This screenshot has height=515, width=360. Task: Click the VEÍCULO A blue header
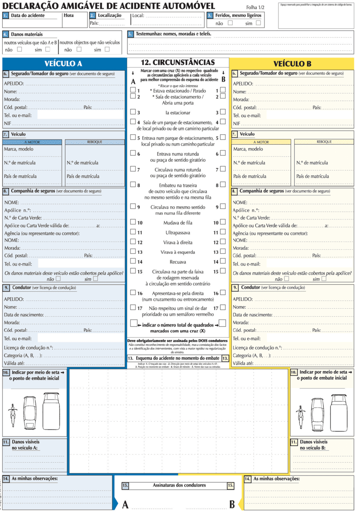click(63, 63)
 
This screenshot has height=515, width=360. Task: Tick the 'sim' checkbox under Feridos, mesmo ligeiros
click(258, 23)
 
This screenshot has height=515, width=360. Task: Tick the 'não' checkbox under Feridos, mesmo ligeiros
click(230, 23)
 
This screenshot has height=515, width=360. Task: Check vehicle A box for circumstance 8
click(133, 184)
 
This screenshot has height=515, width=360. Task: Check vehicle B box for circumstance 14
click(223, 262)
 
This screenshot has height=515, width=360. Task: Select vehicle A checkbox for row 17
click(133, 307)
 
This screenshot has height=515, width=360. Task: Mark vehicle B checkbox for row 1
click(223, 90)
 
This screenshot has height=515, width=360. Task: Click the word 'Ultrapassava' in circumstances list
click(178, 232)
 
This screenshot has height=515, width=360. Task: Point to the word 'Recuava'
click(178, 262)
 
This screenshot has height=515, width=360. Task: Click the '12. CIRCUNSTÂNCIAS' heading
click(178, 63)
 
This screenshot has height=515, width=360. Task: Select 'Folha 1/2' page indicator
click(255, 7)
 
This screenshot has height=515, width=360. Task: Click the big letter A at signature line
click(125, 505)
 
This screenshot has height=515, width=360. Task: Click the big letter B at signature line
click(232, 505)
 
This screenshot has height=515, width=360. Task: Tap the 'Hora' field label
click(69, 15)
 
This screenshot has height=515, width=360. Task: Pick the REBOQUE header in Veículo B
click(324, 142)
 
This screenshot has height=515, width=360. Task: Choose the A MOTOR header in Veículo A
click(32, 142)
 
